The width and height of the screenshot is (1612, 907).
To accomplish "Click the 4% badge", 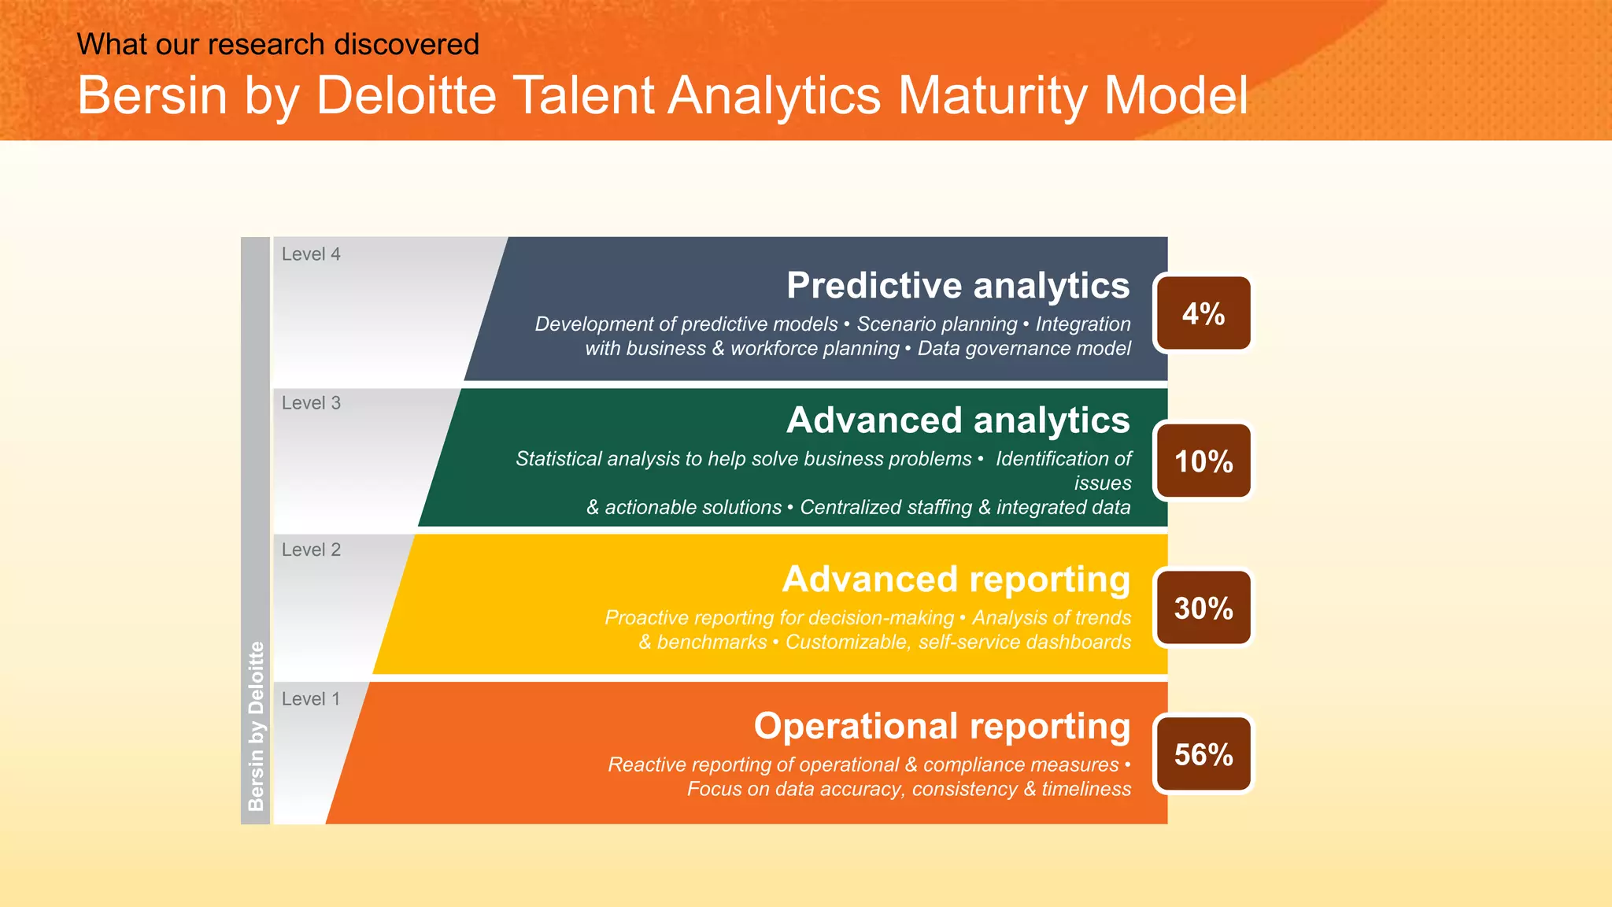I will [1203, 313].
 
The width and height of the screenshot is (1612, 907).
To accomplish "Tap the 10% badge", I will [1203, 461].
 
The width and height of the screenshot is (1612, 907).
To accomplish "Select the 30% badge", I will [1203, 608].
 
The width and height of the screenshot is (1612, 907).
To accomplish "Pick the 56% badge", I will [1203, 754].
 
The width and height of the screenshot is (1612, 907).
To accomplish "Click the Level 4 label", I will [311, 254].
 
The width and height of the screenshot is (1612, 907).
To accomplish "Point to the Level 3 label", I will [311, 403].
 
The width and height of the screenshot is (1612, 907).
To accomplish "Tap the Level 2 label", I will [311, 550].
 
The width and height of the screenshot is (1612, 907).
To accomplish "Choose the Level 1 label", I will [311, 699].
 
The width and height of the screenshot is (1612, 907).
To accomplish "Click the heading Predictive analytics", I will [958, 285].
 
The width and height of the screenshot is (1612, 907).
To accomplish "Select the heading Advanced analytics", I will [958, 420].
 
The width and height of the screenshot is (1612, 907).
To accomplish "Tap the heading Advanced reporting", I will [956, 579].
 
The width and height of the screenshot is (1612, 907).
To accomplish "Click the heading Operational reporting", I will [942, 726].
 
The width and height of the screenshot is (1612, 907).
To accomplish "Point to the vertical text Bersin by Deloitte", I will [256, 726].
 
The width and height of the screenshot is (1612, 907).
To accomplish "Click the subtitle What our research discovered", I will [278, 44].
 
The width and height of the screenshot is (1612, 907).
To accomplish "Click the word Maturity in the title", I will [992, 96].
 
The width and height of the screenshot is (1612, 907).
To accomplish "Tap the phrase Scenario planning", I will [937, 324].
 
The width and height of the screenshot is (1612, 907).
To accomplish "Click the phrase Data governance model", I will [1024, 348].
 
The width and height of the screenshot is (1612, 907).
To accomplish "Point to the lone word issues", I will [1102, 483].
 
